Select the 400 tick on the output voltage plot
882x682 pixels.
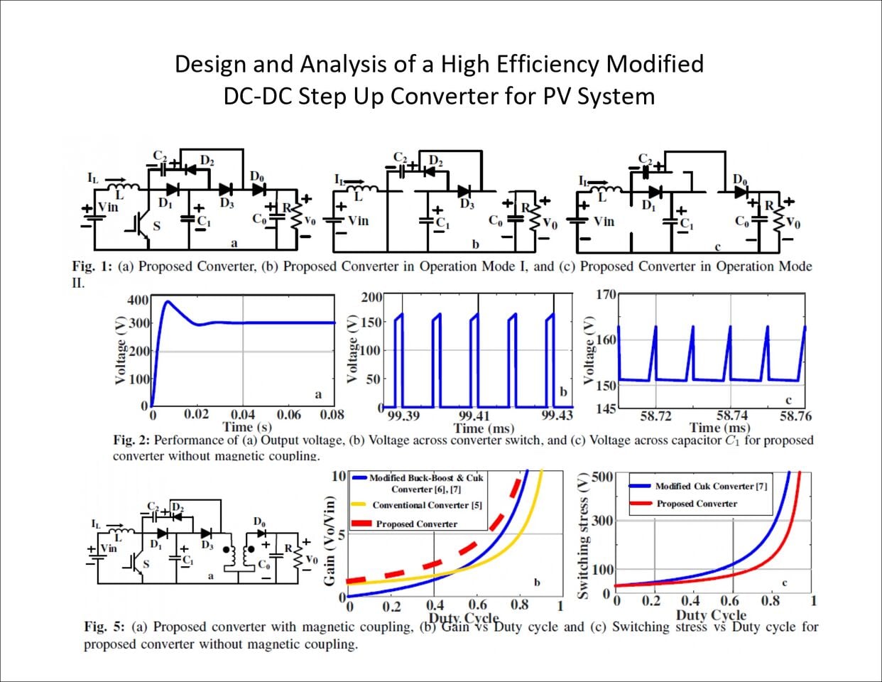click(138, 300)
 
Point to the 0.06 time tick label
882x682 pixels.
click(288, 415)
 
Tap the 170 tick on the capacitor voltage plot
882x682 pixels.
click(605, 294)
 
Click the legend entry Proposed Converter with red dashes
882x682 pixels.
click(416, 524)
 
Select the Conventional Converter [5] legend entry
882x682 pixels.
click(427, 505)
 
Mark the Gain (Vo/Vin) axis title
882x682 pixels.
click(330, 541)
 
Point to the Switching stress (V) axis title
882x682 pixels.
click(584, 537)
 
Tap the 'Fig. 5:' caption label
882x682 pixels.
click(104, 627)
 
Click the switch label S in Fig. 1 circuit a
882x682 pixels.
click(157, 226)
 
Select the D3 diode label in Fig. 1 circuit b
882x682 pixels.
click(467, 205)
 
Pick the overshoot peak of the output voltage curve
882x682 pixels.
click(168, 301)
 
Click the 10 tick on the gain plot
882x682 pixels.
click(339, 476)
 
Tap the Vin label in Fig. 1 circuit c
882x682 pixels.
click(604, 221)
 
